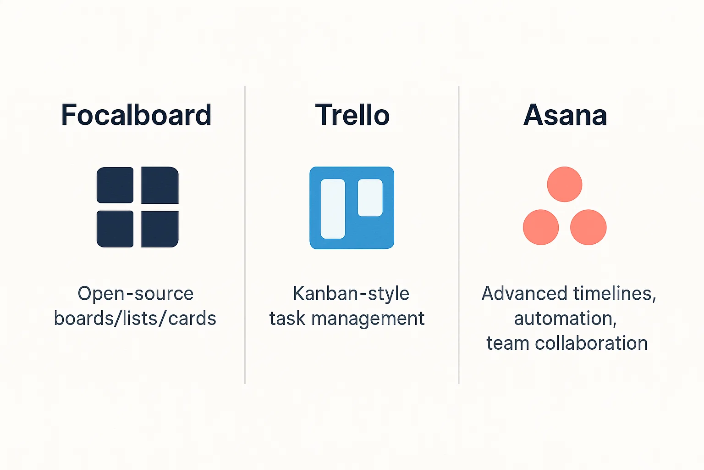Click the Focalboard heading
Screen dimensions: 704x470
136,115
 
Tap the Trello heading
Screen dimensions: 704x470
352,115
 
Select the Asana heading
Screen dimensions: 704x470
565,115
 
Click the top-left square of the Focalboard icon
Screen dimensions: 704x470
115,185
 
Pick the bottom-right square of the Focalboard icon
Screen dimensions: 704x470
160,229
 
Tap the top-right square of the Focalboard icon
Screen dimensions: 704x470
160,185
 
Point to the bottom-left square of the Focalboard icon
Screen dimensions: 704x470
115,229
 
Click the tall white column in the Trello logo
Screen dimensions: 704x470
333,209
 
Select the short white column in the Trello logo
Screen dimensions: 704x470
370,198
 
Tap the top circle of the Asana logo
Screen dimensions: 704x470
565,184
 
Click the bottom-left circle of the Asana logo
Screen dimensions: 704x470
541,227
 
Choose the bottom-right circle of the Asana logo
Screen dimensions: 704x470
588,227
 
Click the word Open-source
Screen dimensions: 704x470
136,294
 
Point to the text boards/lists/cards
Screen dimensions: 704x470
135,318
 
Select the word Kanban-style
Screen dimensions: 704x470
351,294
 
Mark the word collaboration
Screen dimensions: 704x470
591,343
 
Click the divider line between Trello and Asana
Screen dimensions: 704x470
459,235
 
